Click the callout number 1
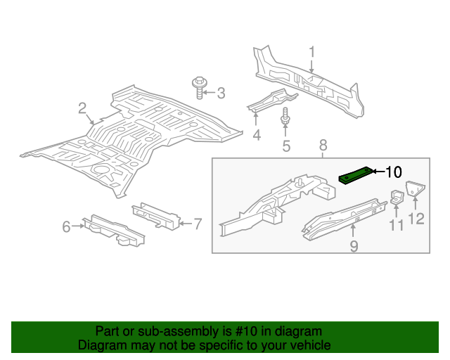pos(312,51)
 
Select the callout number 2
pos(82,108)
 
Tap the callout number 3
pos(220,93)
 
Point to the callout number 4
pos(257,134)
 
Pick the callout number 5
pos(286,146)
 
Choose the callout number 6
pos(66,226)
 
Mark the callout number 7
pos(198,224)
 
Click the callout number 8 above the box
pos(323,146)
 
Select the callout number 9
pos(354,245)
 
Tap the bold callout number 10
pos(394,172)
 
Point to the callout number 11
pos(397,225)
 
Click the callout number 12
pos(417,219)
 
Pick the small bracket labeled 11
pos(397,197)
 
